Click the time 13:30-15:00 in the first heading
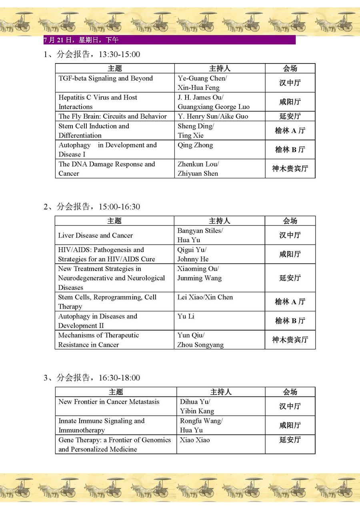119,54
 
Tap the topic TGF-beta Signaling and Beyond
106,78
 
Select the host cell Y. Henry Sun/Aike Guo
213,116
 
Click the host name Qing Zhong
195,145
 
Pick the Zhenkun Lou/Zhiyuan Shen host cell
198,169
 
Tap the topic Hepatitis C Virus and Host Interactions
98,102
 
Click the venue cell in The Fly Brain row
290,116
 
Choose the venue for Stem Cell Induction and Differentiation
290,131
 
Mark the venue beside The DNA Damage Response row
290,169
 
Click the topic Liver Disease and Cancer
95,235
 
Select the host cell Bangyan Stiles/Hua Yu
200,235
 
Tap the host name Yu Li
186,316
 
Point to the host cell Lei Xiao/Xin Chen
205,297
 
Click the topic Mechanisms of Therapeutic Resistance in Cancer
98,340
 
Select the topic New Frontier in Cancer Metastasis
109,402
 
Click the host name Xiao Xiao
194,440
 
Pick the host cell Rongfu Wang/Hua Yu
201,425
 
